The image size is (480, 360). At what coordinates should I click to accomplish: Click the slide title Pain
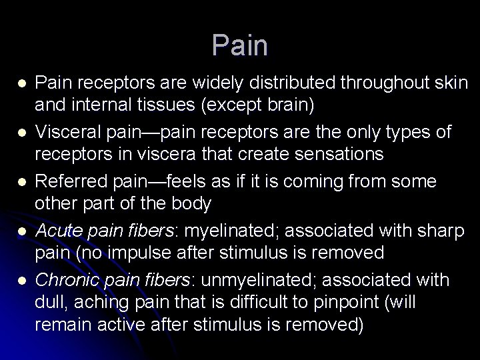[x=240, y=45]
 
